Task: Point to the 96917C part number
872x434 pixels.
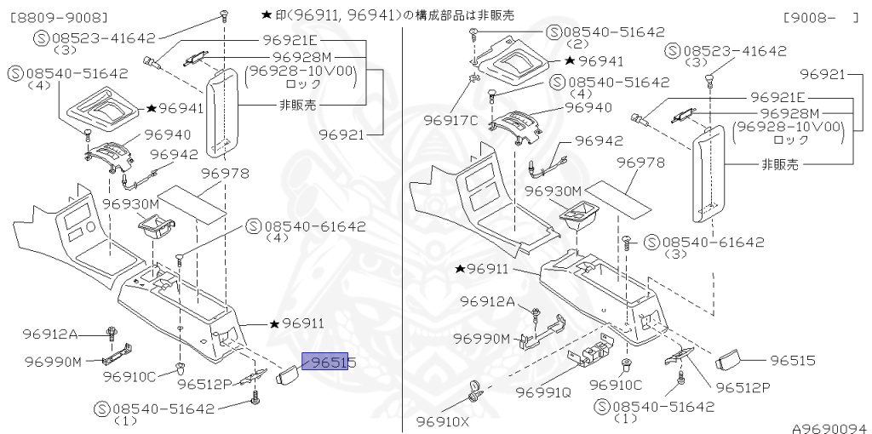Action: pyautogui.click(x=450, y=120)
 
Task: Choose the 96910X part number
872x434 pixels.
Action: pyautogui.click(x=443, y=421)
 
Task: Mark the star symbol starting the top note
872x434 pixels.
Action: pyautogui.click(x=267, y=15)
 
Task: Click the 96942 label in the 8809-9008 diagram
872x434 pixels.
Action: pyautogui.click(x=175, y=155)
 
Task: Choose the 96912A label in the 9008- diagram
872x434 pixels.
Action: pyautogui.click(x=488, y=301)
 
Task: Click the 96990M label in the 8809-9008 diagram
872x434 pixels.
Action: pyautogui.click(x=53, y=362)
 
